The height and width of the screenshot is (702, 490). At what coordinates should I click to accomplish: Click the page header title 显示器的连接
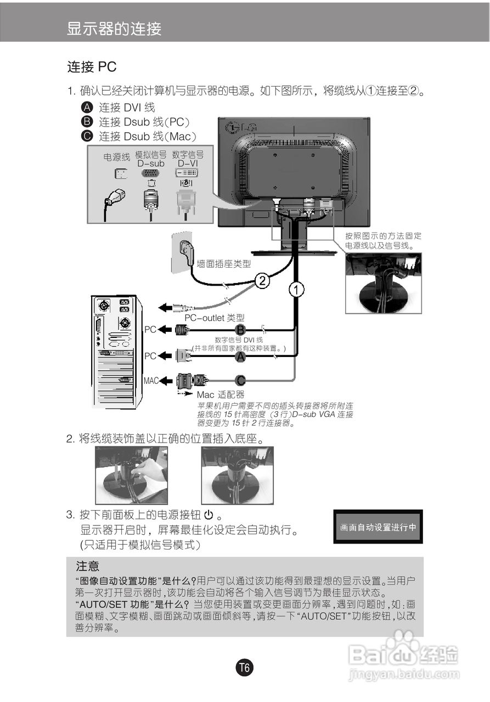pyautogui.click(x=114, y=29)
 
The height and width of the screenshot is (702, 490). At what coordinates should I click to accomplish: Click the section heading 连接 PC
pyautogui.click(x=92, y=67)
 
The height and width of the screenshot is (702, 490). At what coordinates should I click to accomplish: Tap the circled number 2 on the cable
pyautogui.click(x=262, y=281)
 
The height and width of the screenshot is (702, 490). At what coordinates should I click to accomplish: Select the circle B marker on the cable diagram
pyautogui.click(x=240, y=330)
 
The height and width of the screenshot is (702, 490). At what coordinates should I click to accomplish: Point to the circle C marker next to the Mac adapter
pyautogui.click(x=240, y=380)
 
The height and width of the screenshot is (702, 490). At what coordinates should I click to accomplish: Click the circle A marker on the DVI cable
pyautogui.click(x=240, y=356)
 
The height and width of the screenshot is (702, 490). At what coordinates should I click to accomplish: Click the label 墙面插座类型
pyautogui.click(x=223, y=264)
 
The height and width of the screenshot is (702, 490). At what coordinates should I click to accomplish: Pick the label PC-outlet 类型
pyautogui.click(x=214, y=318)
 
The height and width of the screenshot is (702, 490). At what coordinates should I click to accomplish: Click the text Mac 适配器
pyautogui.click(x=220, y=394)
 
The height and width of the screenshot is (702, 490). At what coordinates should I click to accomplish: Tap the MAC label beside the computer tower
pyautogui.click(x=151, y=380)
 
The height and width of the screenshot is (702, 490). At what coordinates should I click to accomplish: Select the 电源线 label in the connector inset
pyautogui.click(x=117, y=157)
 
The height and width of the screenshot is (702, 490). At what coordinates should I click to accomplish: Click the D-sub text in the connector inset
pyautogui.click(x=150, y=163)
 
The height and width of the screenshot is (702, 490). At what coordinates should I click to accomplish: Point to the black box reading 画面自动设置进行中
pyautogui.click(x=378, y=527)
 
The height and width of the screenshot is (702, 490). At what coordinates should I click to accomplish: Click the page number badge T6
pyautogui.click(x=245, y=667)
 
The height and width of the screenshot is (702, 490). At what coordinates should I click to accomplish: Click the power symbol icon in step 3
pyautogui.click(x=208, y=515)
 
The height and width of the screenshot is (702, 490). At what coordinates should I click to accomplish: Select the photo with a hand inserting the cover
pyautogui.click(x=131, y=475)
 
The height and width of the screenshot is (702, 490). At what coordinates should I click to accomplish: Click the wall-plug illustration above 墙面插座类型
pyautogui.click(x=183, y=252)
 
